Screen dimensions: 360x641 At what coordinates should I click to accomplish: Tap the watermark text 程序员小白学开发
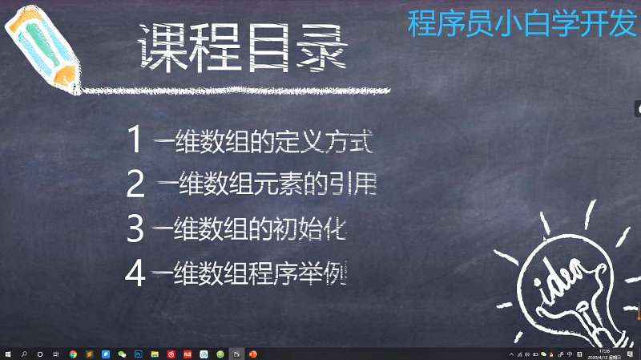coord(521,23)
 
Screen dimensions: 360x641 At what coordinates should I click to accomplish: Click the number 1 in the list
coord(135,140)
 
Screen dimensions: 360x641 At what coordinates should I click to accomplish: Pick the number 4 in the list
coord(134,273)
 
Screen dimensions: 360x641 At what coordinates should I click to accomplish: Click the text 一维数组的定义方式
coord(263,141)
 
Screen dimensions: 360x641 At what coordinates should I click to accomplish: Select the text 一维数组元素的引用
coord(267,185)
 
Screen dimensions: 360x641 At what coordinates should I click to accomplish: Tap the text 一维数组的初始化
coord(248,229)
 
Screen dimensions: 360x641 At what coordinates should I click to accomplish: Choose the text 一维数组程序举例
coord(248,274)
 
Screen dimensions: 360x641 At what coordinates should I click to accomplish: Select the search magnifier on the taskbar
coord(24,354)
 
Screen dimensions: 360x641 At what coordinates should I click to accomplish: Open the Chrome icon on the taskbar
coord(73,354)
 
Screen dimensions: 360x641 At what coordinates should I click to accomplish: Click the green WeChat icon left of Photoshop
coord(122,354)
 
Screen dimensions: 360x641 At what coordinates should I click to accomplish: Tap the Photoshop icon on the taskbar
coord(138,354)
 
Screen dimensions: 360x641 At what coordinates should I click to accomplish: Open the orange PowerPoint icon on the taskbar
coord(252,354)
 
